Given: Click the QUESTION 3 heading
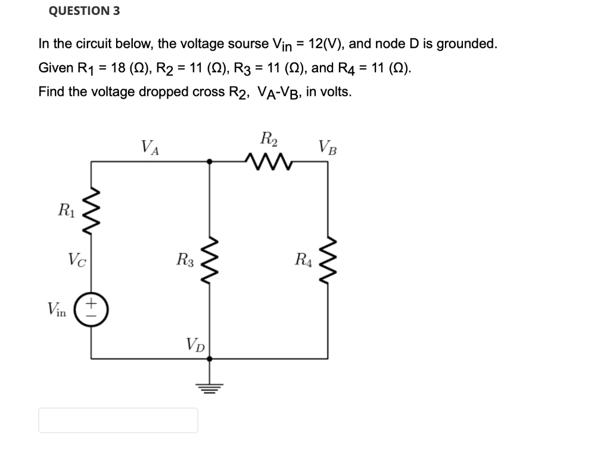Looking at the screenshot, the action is [x=84, y=11].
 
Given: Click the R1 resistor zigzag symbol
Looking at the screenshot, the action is [x=91, y=210].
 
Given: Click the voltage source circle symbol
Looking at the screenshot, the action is [x=91, y=310].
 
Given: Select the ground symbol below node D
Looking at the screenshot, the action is [x=209, y=384].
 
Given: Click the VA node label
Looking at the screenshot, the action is [x=150, y=146].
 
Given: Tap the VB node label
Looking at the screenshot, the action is [x=327, y=146].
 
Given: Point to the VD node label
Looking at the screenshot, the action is [x=195, y=344].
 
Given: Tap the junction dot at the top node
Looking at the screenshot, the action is [x=209, y=160].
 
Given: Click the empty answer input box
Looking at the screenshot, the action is [x=118, y=420].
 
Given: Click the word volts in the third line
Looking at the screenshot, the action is [x=337, y=92].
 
